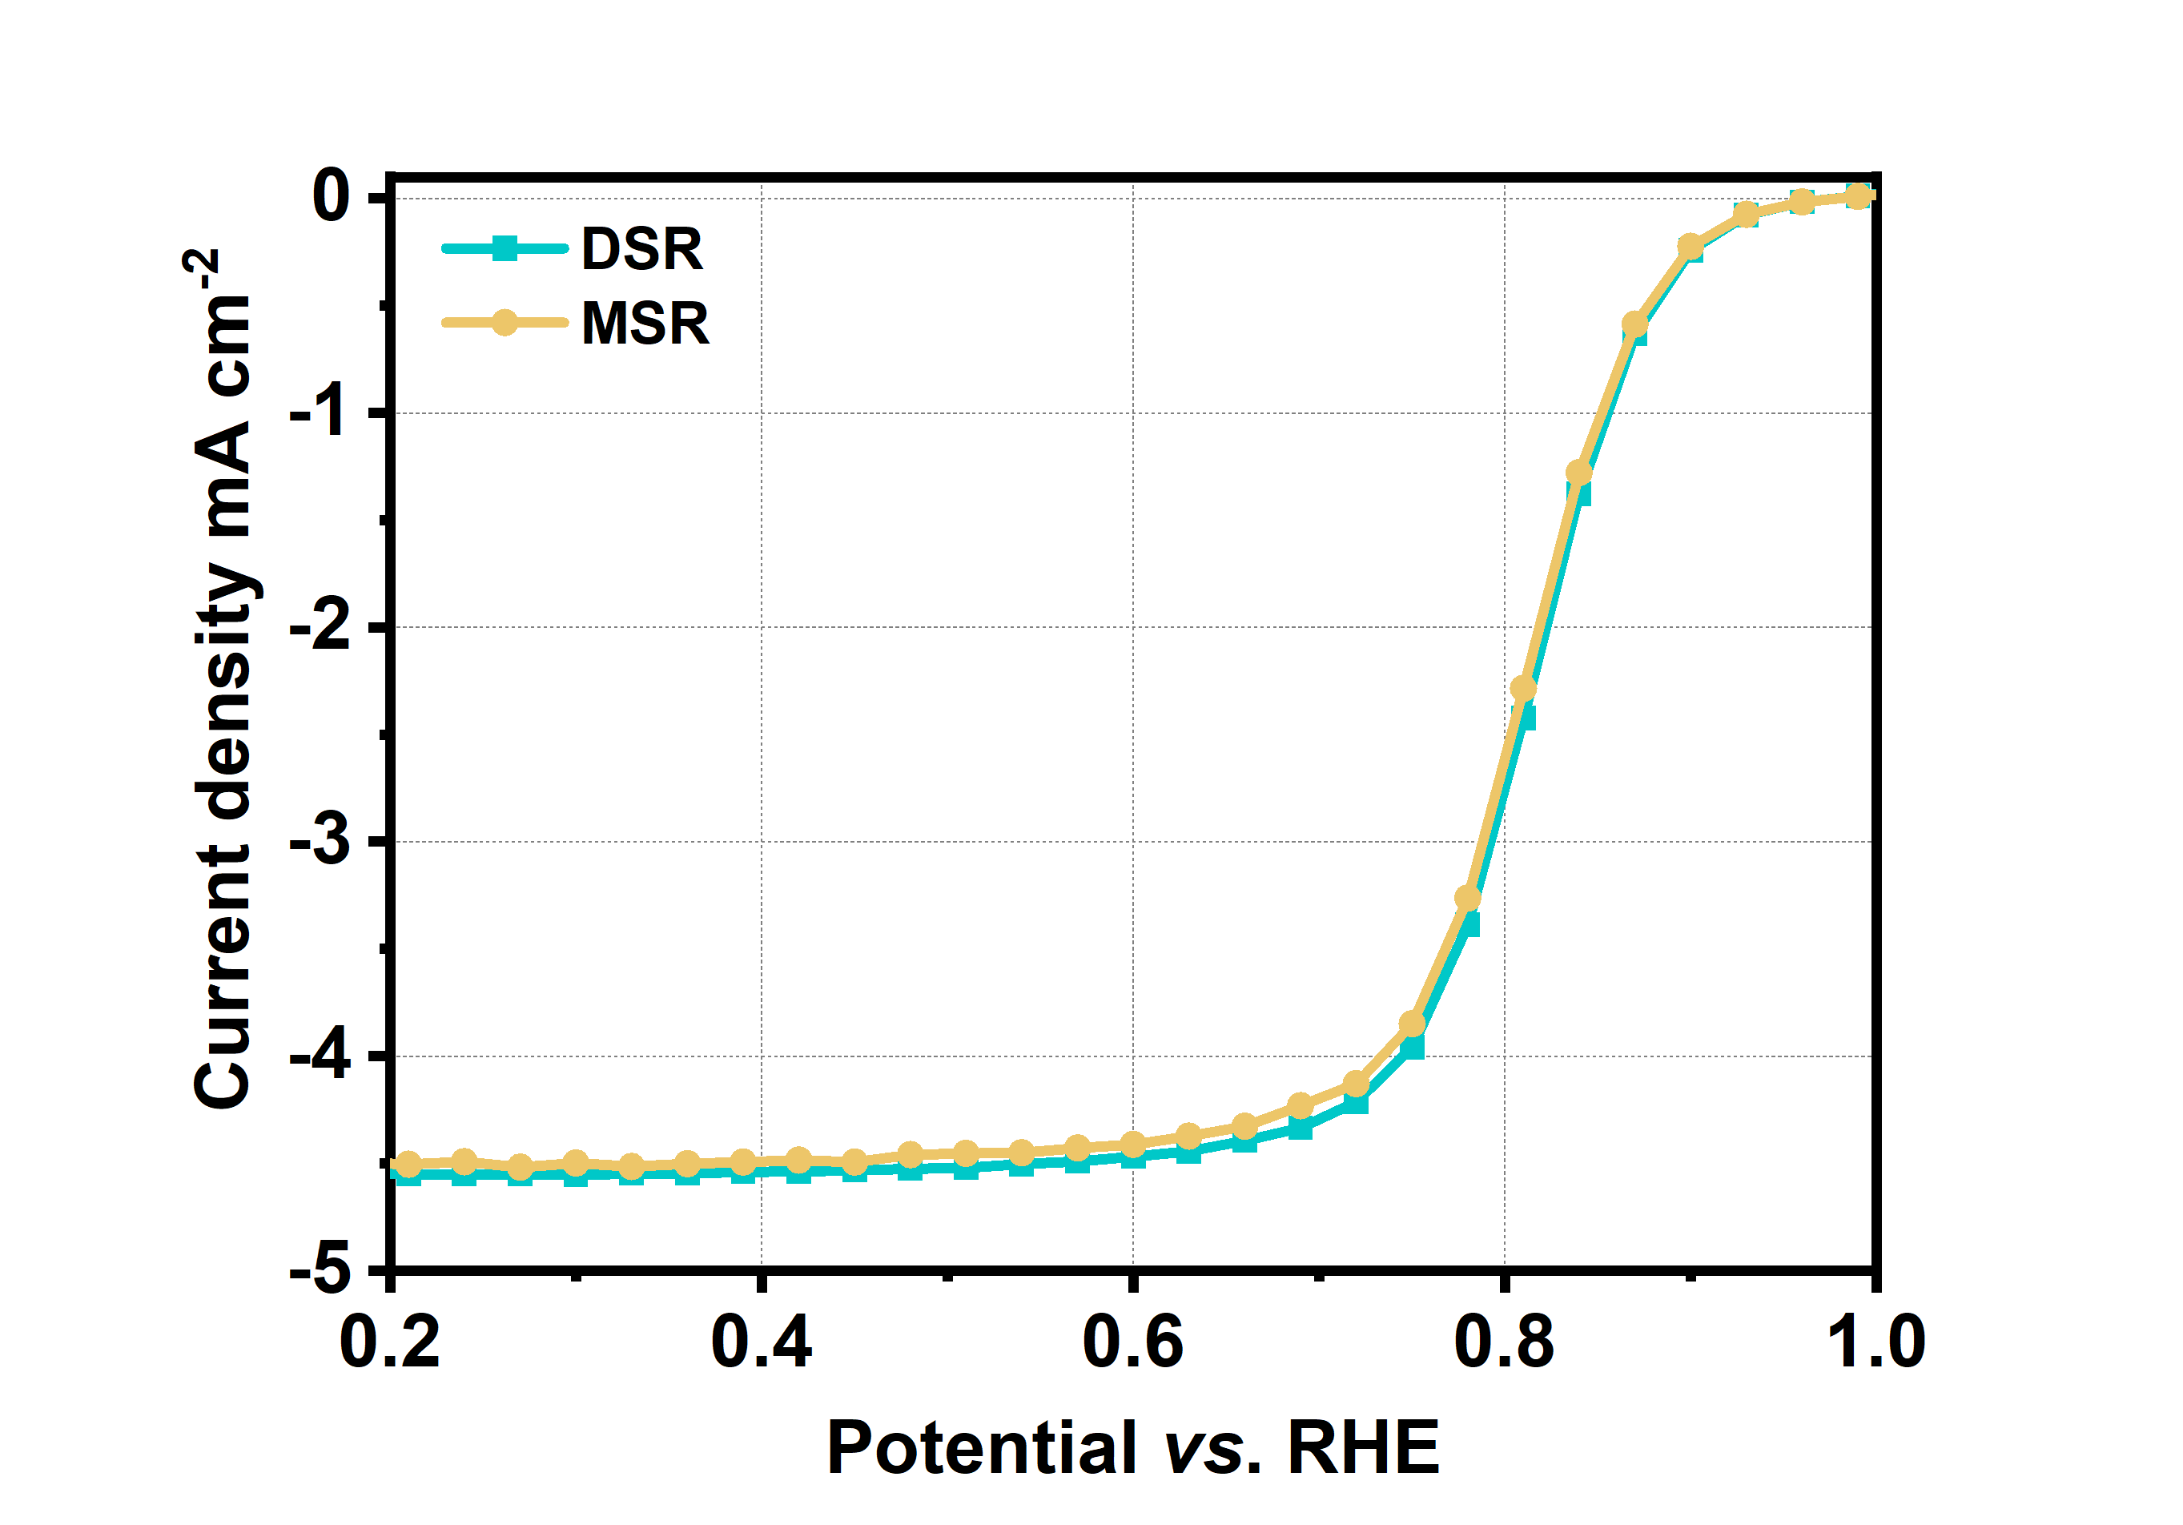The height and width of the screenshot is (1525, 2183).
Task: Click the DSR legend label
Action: [641, 250]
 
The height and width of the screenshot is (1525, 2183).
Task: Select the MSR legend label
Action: [645, 324]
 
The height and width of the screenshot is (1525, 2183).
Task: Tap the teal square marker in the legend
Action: [505, 250]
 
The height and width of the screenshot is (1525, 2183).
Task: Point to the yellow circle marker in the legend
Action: [505, 324]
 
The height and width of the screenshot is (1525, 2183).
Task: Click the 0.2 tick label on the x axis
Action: [390, 1342]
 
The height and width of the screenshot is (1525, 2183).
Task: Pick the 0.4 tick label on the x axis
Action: [762, 1342]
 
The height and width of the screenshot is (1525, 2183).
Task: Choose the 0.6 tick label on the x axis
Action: [1132, 1342]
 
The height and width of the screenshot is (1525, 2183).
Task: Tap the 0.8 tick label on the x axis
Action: [1504, 1342]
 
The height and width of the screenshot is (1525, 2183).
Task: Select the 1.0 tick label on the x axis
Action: [1875, 1342]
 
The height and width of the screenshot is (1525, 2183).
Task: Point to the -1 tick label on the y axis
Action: [319, 412]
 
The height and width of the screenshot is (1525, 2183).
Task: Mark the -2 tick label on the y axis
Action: [319, 627]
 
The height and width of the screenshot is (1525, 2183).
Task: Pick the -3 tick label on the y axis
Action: [319, 842]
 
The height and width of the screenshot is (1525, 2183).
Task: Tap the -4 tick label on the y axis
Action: [319, 1056]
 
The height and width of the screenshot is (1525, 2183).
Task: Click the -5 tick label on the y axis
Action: [319, 1270]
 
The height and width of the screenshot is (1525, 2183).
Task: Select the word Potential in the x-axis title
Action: [981, 1447]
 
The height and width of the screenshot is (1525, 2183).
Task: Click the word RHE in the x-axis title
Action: [1364, 1447]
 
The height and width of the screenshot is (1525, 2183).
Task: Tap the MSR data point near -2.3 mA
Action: [1523, 687]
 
